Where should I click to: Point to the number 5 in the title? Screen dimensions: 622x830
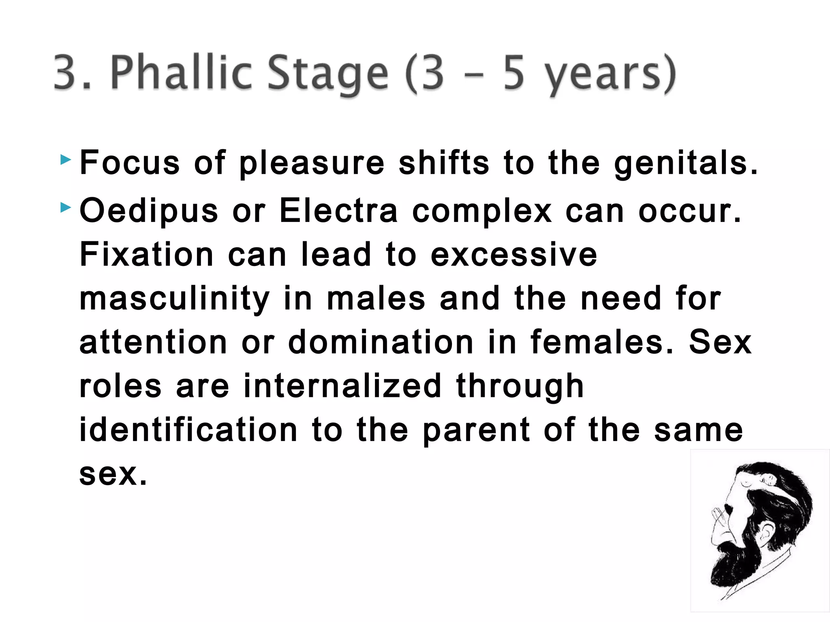(x=514, y=73)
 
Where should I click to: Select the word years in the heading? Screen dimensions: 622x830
(x=604, y=75)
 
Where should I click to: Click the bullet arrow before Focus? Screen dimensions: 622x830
(x=65, y=160)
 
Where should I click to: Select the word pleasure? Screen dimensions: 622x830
(x=311, y=164)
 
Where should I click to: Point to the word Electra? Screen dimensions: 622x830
(x=338, y=211)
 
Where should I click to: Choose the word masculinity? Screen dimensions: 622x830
(x=174, y=299)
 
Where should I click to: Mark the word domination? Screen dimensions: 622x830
(x=381, y=342)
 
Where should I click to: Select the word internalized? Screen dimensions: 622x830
(x=342, y=386)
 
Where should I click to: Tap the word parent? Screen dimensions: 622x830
(x=476, y=430)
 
